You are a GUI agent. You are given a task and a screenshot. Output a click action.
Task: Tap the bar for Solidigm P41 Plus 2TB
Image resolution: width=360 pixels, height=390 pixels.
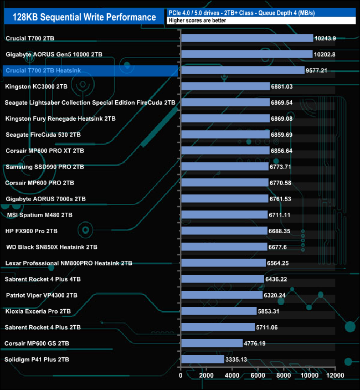tap(202, 360)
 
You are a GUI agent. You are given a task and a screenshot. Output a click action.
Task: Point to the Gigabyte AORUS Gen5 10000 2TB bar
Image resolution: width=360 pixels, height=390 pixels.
tap(246, 54)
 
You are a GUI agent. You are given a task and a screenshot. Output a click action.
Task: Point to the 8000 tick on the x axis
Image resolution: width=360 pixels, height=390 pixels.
tap(284, 376)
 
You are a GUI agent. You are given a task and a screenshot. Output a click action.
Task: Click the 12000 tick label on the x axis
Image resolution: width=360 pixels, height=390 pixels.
tap(335, 376)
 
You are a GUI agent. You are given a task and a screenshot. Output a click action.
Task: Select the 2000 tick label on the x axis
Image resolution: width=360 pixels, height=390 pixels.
tap(207, 376)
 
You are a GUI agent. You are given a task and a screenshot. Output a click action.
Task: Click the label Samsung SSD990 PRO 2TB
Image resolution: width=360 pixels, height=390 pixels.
tap(44, 167)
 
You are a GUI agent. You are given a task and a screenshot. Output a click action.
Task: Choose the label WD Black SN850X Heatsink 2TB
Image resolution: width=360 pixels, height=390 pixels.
tap(52, 247)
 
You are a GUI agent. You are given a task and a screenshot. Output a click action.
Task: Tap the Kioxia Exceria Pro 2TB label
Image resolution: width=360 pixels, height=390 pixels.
tap(38, 311)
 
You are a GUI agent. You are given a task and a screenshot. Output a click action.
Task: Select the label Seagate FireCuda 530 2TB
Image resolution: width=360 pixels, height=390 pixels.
tap(43, 135)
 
